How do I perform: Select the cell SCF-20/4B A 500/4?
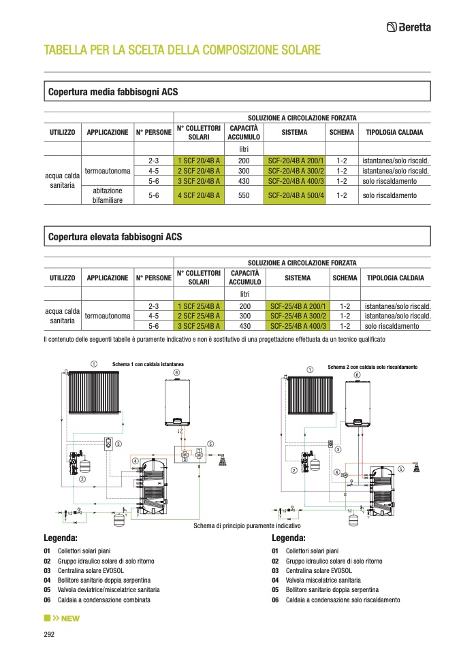296,195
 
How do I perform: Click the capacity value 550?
244,195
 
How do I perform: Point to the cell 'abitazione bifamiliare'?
107,195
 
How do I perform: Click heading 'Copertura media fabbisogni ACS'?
113,91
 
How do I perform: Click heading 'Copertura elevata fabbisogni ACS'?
115,237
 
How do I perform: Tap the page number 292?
49,634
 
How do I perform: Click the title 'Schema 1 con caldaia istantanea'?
148,365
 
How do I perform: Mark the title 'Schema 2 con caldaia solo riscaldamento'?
372,367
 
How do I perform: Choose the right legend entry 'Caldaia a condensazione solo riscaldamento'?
343,600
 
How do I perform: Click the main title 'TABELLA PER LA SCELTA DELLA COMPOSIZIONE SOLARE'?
182,50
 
